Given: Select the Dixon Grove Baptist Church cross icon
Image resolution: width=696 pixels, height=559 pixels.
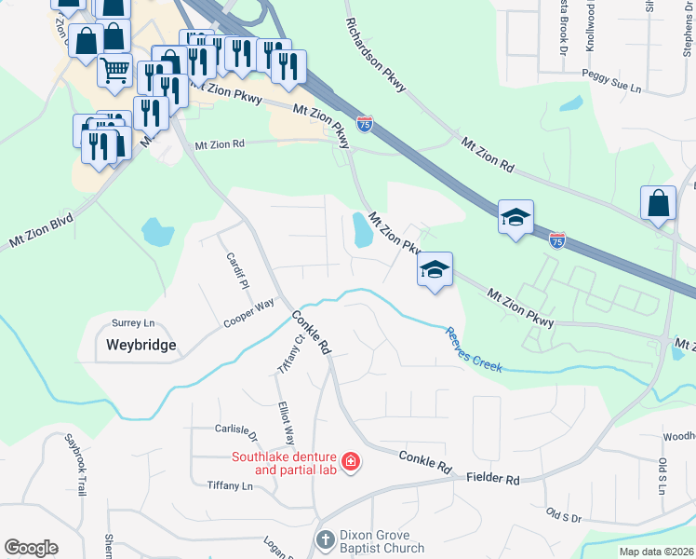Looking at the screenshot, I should pyautogui.click(x=325, y=539).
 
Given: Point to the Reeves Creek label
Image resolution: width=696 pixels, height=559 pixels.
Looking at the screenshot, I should pyautogui.click(x=474, y=349).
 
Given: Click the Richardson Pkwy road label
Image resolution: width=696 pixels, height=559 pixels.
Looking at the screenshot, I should pyautogui.click(x=376, y=55).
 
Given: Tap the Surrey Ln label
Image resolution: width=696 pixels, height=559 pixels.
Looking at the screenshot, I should pyautogui.click(x=132, y=323).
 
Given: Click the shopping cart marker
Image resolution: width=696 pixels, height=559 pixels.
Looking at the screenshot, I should pyautogui.click(x=114, y=68).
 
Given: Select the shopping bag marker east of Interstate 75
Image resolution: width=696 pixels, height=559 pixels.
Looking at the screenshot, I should pyautogui.click(x=658, y=204).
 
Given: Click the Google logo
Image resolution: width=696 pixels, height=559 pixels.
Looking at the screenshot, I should pyautogui.click(x=31, y=548).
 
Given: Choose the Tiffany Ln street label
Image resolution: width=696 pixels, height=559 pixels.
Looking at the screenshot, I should pyautogui.click(x=230, y=486).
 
